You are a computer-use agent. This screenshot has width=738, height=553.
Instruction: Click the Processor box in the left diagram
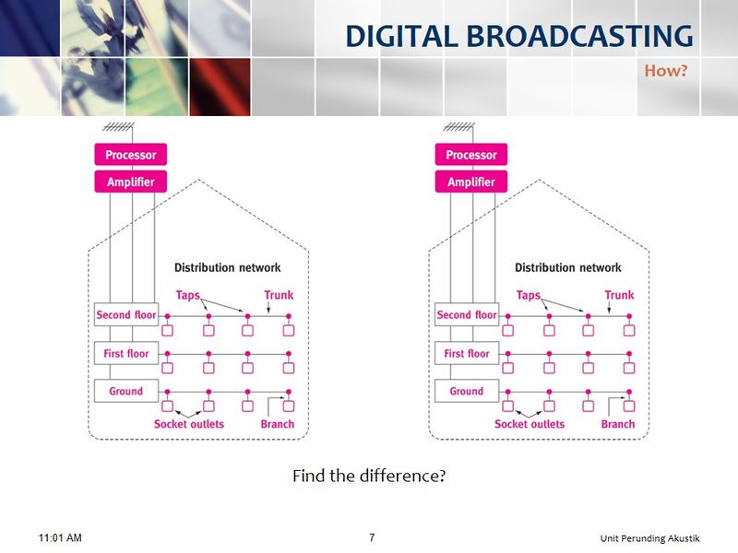point(131,154)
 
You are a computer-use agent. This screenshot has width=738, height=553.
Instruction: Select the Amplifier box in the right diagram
point(471,182)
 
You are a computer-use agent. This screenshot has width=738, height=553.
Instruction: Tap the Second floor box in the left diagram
point(126,314)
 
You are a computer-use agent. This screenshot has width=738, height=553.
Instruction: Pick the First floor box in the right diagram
point(467,353)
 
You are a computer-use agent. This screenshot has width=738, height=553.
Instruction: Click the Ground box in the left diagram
point(126,391)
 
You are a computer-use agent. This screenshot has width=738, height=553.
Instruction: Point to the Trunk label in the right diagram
point(619,295)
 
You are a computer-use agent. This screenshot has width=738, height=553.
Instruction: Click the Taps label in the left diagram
point(188,295)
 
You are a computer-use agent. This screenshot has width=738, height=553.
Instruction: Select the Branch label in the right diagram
point(618,424)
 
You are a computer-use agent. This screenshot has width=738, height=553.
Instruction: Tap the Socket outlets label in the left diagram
point(189,424)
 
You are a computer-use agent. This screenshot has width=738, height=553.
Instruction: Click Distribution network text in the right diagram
point(568,267)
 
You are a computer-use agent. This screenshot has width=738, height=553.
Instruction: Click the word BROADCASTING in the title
point(579,36)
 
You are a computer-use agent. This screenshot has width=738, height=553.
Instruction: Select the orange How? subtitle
point(665,71)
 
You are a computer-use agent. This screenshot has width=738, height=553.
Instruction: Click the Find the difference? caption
point(369,476)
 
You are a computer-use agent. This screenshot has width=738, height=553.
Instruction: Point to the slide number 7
point(372,537)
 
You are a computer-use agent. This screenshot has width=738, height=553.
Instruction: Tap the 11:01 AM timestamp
point(60,537)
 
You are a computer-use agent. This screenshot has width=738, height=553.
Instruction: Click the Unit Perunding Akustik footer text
point(650,538)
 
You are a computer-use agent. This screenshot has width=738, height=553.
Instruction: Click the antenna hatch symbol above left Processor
point(119,126)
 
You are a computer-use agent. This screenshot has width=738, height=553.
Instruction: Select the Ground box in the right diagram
point(467,391)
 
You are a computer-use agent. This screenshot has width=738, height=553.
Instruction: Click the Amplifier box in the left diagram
point(131,182)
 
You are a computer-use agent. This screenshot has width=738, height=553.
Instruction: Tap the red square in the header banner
point(220,87)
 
